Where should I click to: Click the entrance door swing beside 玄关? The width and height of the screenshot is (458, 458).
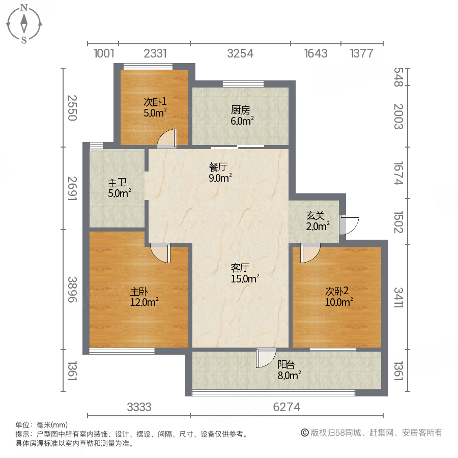[x=349, y=225]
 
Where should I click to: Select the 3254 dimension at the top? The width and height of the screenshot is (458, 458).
[x=240, y=53]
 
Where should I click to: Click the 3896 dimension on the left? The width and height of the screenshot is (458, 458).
[x=73, y=290]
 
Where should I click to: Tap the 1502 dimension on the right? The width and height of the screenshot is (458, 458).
[x=398, y=222]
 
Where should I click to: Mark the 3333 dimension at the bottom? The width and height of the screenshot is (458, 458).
[x=139, y=407]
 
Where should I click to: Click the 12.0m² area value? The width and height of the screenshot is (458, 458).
[x=144, y=301]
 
